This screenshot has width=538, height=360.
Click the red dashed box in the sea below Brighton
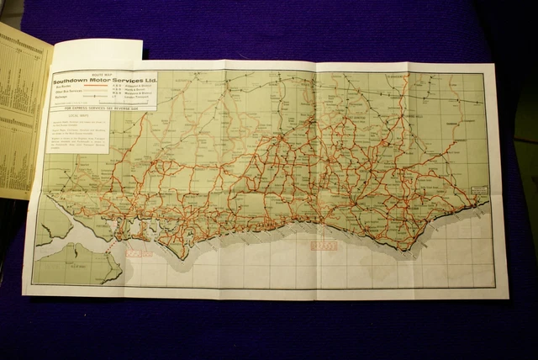(x=324, y=246)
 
